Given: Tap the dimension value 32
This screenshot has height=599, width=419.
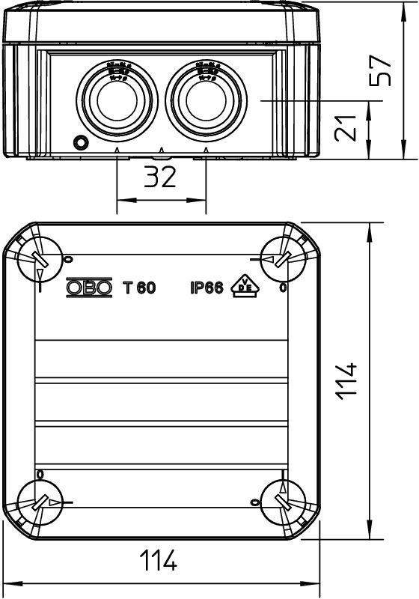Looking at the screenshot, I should [159, 178].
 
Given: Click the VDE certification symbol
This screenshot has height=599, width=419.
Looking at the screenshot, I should [245, 285].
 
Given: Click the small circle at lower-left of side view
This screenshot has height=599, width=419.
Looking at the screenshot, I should [78, 142].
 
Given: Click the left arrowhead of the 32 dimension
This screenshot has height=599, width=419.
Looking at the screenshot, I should [123, 200].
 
